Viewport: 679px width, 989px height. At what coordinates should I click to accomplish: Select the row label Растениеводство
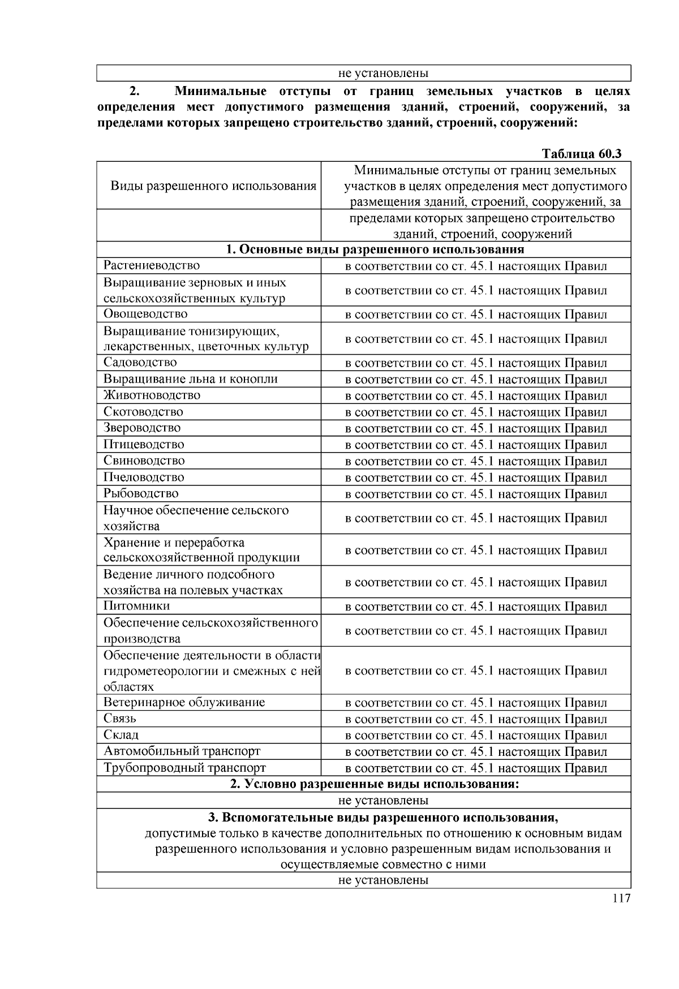pos(151,265)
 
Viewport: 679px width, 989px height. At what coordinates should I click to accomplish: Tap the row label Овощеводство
pos(145,314)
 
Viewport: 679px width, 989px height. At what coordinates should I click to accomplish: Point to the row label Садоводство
pos(140,363)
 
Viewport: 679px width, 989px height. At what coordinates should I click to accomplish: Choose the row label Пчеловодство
pos(144,478)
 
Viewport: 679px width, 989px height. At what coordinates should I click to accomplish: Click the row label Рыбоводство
pos(141,494)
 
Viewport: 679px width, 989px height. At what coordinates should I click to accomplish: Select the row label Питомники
pos(136,607)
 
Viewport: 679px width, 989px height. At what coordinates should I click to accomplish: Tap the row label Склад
pos(121,736)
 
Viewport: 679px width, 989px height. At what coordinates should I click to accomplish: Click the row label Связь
pos(120,719)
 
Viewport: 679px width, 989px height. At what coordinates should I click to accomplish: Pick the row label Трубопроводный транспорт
pos(184,768)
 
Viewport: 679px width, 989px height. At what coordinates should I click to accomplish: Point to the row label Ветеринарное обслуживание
pos(184,703)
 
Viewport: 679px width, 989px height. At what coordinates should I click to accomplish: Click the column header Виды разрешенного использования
pos(213,186)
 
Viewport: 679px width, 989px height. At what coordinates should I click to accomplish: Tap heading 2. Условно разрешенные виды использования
pos(375,784)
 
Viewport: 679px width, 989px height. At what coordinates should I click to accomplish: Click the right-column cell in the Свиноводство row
pos(476,461)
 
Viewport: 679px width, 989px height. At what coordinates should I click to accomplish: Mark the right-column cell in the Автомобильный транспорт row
pos(476,752)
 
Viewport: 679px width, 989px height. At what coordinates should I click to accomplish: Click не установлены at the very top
pos(383,74)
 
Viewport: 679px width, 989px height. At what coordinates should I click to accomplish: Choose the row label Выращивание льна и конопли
pos(190,379)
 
